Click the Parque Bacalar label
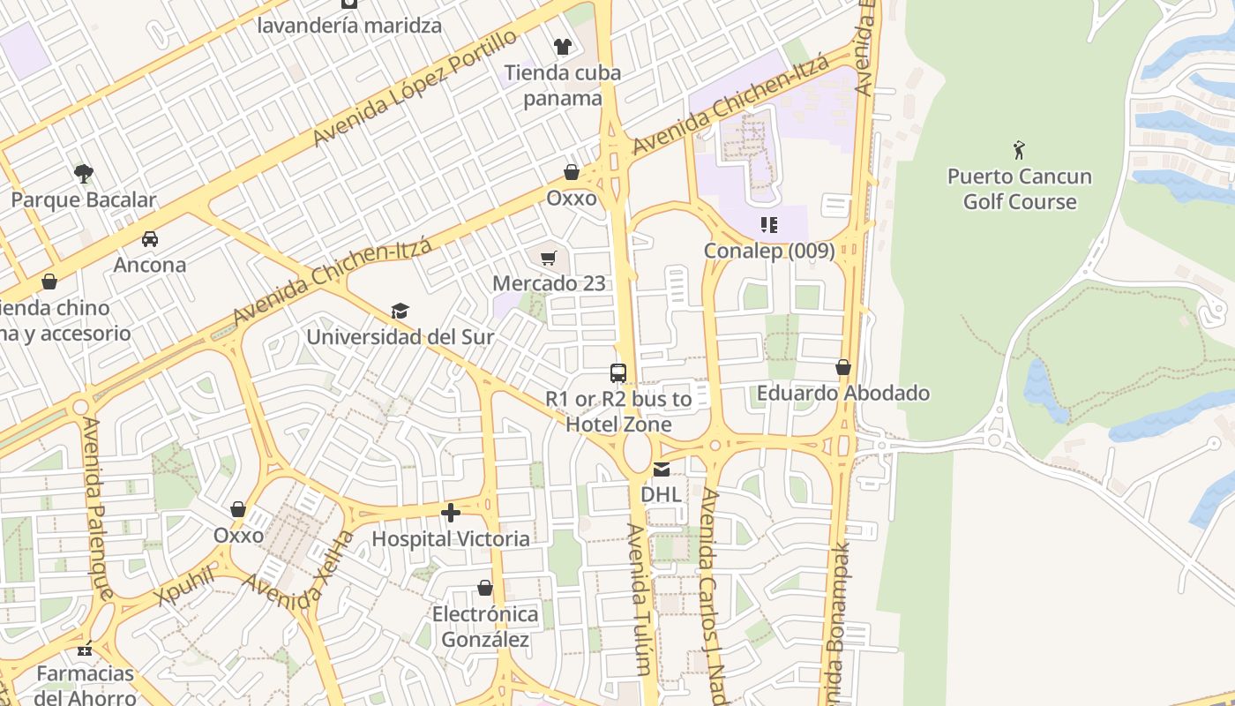click(x=83, y=199)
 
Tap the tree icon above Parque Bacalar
click(x=84, y=172)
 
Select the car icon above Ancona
click(x=150, y=238)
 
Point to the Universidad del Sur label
click(x=400, y=337)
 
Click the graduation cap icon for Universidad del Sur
click(x=400, y=311)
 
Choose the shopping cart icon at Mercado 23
click(x=549, y=258)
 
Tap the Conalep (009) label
click(x=768, y=251)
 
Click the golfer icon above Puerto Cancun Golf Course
click(x=1019, y=150)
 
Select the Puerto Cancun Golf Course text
click(x=1019, y=189)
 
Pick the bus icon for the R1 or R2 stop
click(x=617, y=373)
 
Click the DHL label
click(x=661, y=494)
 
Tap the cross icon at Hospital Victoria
click(x=451, y=513)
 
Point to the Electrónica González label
click(x=485, y=627)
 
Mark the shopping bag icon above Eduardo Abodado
click(x=843, y=367)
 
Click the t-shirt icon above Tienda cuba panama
click(x=562, y=47)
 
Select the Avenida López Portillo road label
click(x=415, y=87)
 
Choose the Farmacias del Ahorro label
click(x=86, y=686)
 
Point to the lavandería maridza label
click(x=349, y=25)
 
